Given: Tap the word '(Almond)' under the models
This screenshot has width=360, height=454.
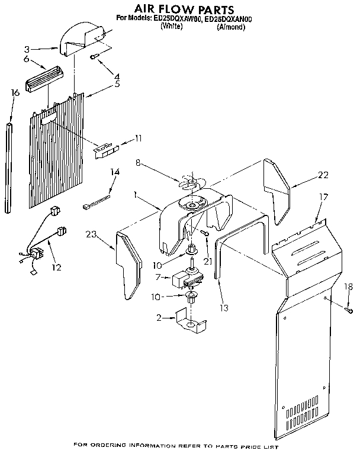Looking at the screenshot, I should click(x=231, y=27).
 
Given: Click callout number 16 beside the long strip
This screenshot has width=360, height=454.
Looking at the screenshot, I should click(x=15, y=92).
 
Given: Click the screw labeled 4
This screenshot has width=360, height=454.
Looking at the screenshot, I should click(x=94, y=57).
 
